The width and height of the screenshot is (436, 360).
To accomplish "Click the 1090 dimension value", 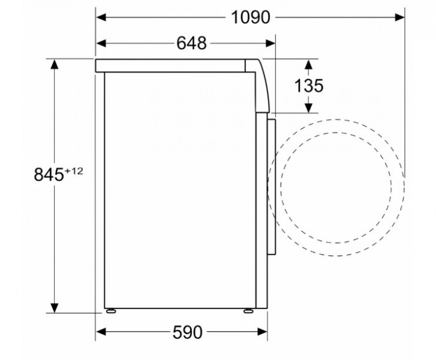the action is coord(250,17).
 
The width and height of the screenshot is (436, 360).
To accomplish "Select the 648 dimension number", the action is coord(191,43).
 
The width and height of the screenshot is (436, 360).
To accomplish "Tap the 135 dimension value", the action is coord(309,85).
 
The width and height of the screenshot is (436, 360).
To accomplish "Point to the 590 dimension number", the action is coord(187,332).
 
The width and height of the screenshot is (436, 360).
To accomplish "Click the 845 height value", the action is coord(49,175).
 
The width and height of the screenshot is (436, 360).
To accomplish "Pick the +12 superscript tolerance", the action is coord(74,171).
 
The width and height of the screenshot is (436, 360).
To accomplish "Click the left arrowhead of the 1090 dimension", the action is coord(101,17).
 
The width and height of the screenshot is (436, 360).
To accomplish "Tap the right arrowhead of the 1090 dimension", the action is coord(399,17).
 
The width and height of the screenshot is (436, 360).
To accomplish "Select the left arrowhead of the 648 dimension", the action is coord(101,43).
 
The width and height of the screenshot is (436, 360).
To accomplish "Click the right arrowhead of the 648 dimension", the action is coord(270,43).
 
